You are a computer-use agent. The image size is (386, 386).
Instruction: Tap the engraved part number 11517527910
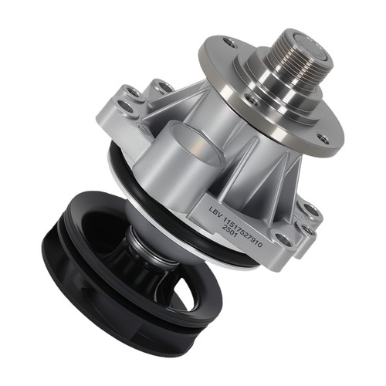click(242, 232)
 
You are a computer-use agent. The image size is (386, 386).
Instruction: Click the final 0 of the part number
click(259, 244)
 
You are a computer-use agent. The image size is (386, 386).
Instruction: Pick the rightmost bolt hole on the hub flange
click(323, 139)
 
